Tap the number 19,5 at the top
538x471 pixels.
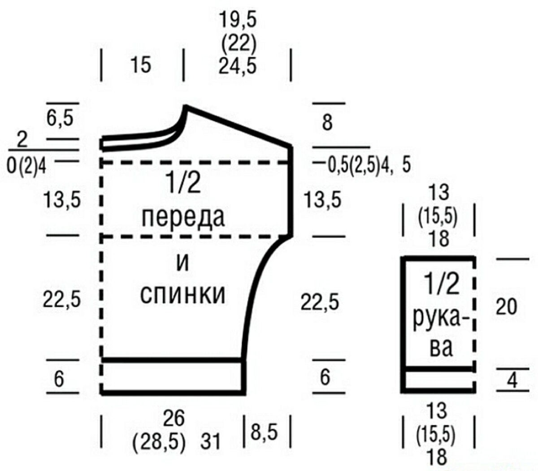click(x=238, y=21)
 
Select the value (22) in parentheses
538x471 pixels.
click(x=238, y=43)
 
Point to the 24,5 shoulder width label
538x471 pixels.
click(x=238, y=66)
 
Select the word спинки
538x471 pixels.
click(x=182, y=295)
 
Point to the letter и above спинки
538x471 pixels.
click(x=182, y=262)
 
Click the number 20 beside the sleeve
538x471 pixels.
click(x=507, y=307)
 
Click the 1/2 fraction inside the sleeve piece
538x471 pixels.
click(x=441, y=285)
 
